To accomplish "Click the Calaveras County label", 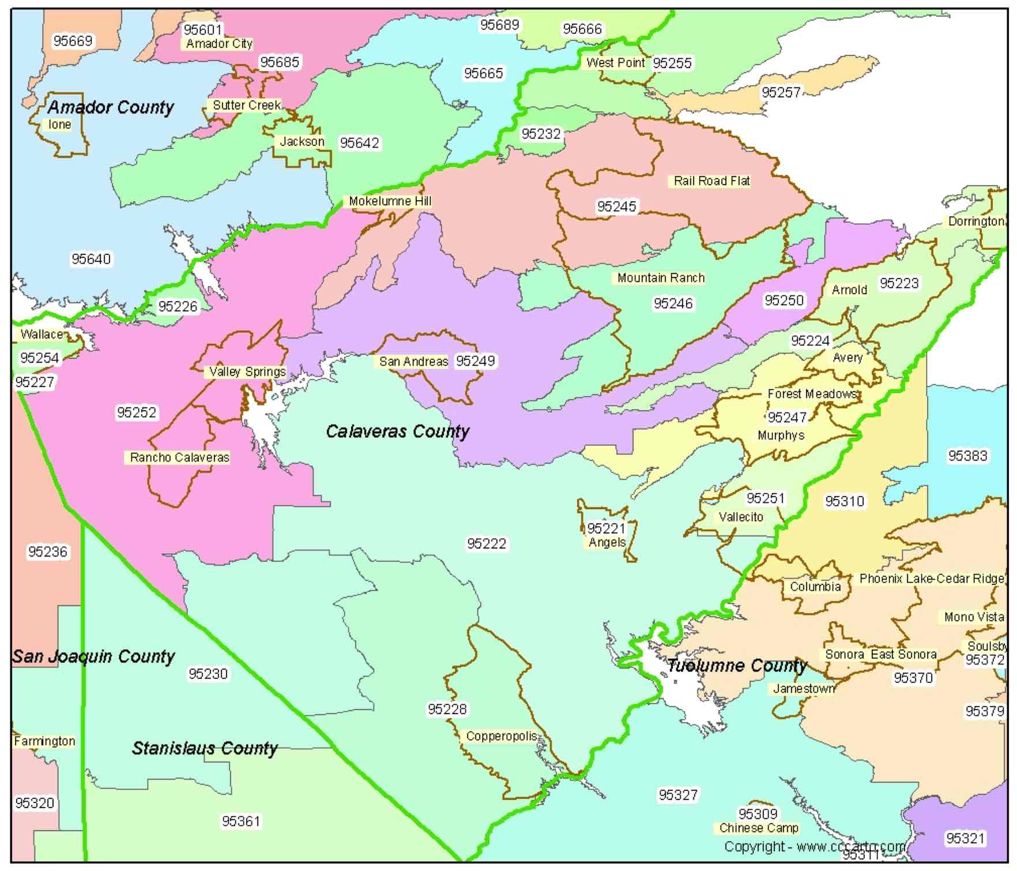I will (x=397, y=431).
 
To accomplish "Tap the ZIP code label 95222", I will (x=487, y=543).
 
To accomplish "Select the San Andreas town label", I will (x=413, y=362).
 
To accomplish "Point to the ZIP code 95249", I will (x=475, y=361).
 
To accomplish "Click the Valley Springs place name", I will (x=247, y=372).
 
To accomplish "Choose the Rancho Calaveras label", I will (x=179, y=457).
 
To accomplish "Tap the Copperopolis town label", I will (x=501, y=737).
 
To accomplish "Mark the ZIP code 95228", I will (x=447, y=709).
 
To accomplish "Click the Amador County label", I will (x=111, y=107).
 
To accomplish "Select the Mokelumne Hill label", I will (x=390, y=201).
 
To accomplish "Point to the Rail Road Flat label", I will (x=711, y=181).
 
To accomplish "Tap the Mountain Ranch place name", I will (x=661, y=278).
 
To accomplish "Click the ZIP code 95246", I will (x=673, y=303).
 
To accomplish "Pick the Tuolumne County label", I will (x=737, y=666).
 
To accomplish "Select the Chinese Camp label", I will (x=759, y=828).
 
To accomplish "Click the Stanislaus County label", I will (x=205, y=749).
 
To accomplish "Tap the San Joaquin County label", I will (x=93, y=656).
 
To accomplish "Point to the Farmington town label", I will (x=44, y=741).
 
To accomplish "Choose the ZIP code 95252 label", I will (x=137, y=412).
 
